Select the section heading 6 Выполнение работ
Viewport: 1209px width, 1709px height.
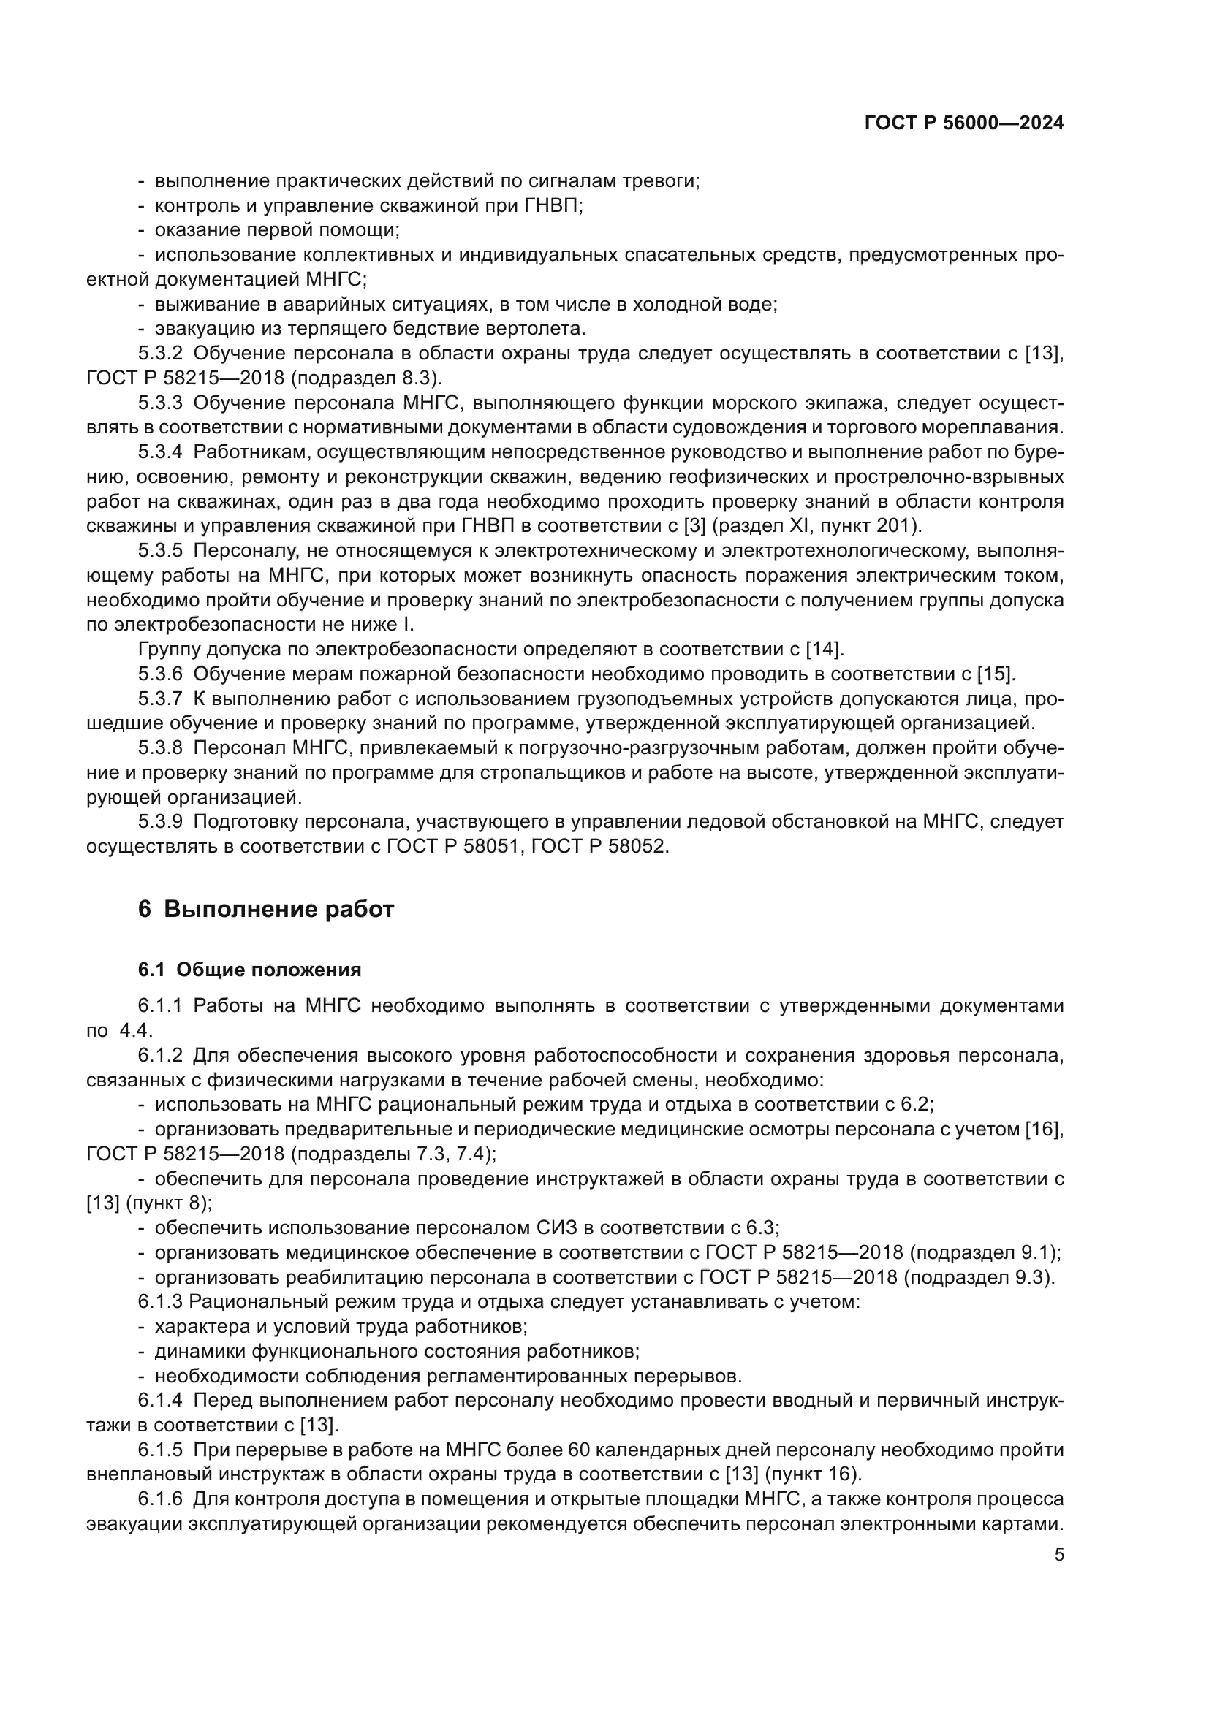(x=266, y=909)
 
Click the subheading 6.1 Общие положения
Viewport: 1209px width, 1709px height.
(x=249, y=969)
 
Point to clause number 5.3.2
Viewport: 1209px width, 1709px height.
(x=160, y=354)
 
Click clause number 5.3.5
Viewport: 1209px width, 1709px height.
(x=160, y=551)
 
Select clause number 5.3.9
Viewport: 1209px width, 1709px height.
(x=160, y=822)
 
